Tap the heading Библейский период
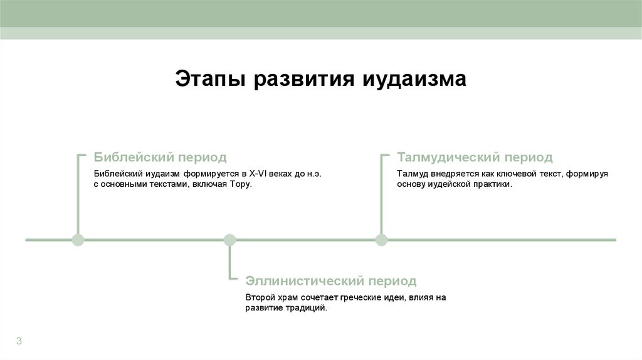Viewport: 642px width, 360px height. point(160,157)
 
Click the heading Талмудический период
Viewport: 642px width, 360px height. point(475,157)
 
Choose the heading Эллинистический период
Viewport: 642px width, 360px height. point(330,280)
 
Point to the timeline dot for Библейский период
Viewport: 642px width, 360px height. point(78,240)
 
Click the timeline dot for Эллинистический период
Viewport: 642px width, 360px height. point(229,240)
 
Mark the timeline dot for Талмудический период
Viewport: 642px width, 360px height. point(381,240)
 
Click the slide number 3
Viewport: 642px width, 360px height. point(19,341)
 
